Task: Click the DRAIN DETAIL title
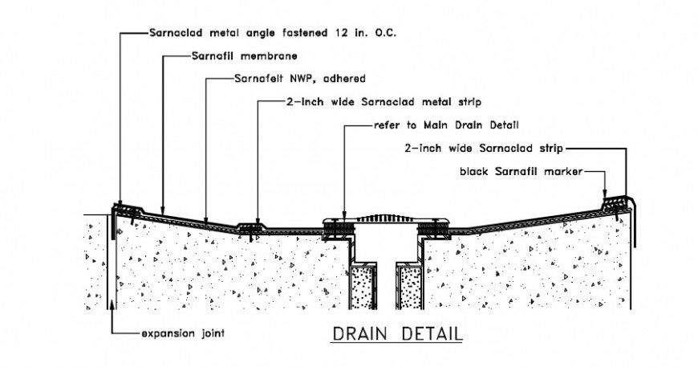point(397,332)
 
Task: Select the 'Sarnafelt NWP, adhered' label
point(299,80)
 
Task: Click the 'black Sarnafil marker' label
point(520,171)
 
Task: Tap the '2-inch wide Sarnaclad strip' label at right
point(483,148)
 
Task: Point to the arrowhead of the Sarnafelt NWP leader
point(207,219)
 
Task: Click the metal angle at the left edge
point(120,210)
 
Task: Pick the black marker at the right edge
point(615,202)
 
